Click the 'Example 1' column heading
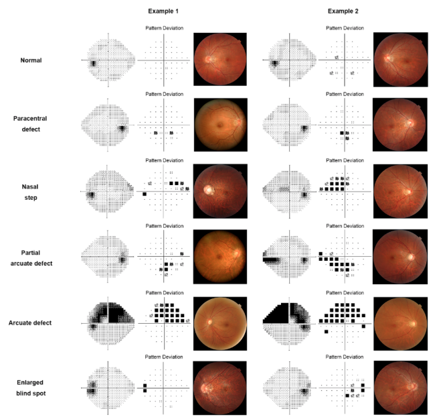[x=163, y=11]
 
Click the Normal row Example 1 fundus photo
[x=220, y=59]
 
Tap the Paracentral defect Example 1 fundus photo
[x=220, y=124]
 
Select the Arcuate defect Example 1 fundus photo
[x=220, y=322]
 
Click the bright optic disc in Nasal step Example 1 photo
[x=208, y=191]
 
